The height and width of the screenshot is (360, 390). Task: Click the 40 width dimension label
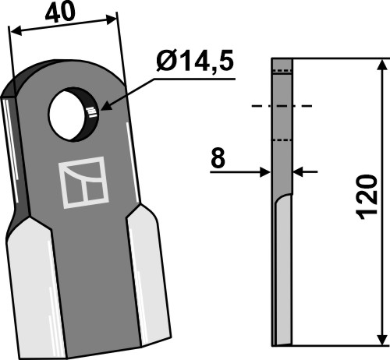(60, 12)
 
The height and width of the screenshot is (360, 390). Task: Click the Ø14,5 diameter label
(195, 62)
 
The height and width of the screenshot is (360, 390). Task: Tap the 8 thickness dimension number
(218, 158)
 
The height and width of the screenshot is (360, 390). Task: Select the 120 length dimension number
(367, 197)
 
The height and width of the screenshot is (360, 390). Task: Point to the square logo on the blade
(83, 182)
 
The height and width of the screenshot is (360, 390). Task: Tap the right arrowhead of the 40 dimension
(112, 19)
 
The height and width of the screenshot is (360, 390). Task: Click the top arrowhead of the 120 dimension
(381, 65)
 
